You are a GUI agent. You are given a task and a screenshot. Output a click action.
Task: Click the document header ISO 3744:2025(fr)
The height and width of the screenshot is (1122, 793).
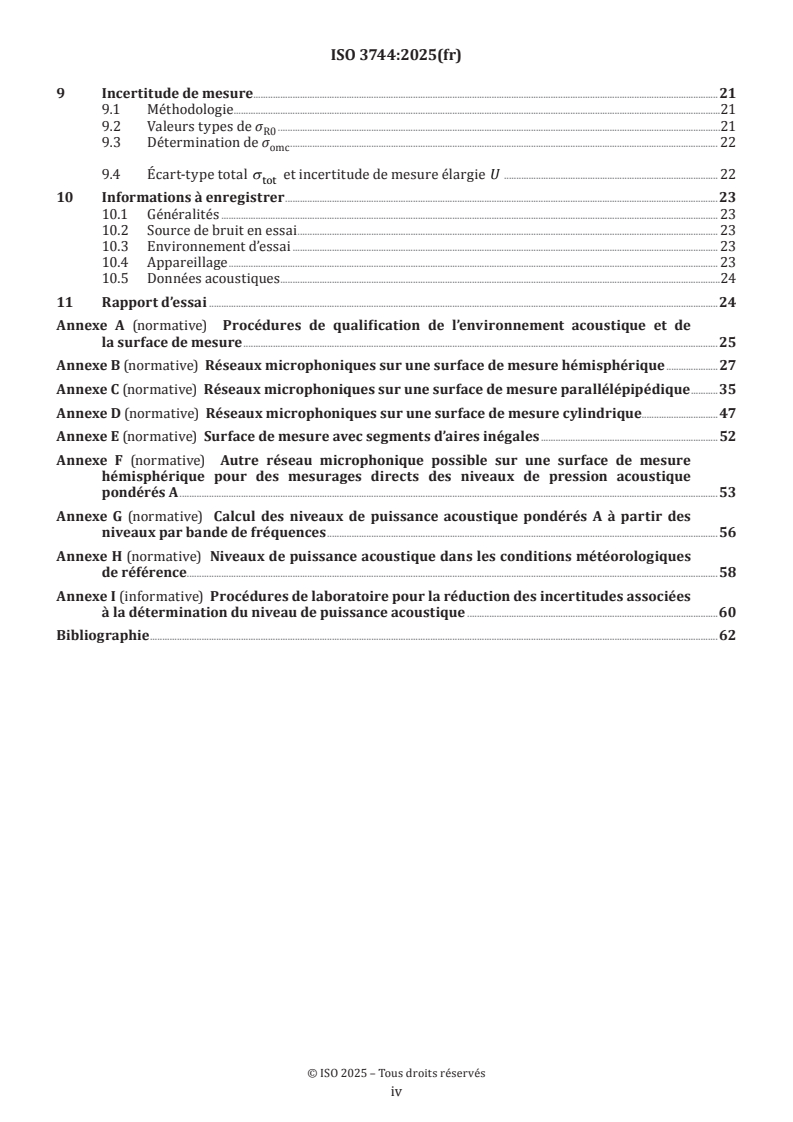click(x=396, y=56)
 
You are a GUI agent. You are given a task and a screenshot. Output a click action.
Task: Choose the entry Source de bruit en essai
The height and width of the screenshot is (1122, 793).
click(x=222, y=230)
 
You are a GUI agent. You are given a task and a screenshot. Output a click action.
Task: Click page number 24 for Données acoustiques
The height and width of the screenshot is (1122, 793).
click(x=728, y=278)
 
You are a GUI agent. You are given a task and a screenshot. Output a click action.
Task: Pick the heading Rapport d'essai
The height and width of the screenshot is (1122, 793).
click(x=154, y=301)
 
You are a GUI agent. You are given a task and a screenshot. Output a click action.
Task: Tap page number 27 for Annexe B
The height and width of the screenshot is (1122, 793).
click(x=728, y=365)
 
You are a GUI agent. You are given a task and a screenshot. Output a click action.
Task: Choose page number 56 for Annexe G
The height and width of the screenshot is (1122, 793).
click(x=728, y=532)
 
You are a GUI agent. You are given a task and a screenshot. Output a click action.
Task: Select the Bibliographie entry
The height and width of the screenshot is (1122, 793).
click(x=102, y=635)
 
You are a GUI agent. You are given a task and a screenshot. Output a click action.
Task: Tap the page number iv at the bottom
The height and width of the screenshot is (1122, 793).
click(x=396, y=1093)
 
